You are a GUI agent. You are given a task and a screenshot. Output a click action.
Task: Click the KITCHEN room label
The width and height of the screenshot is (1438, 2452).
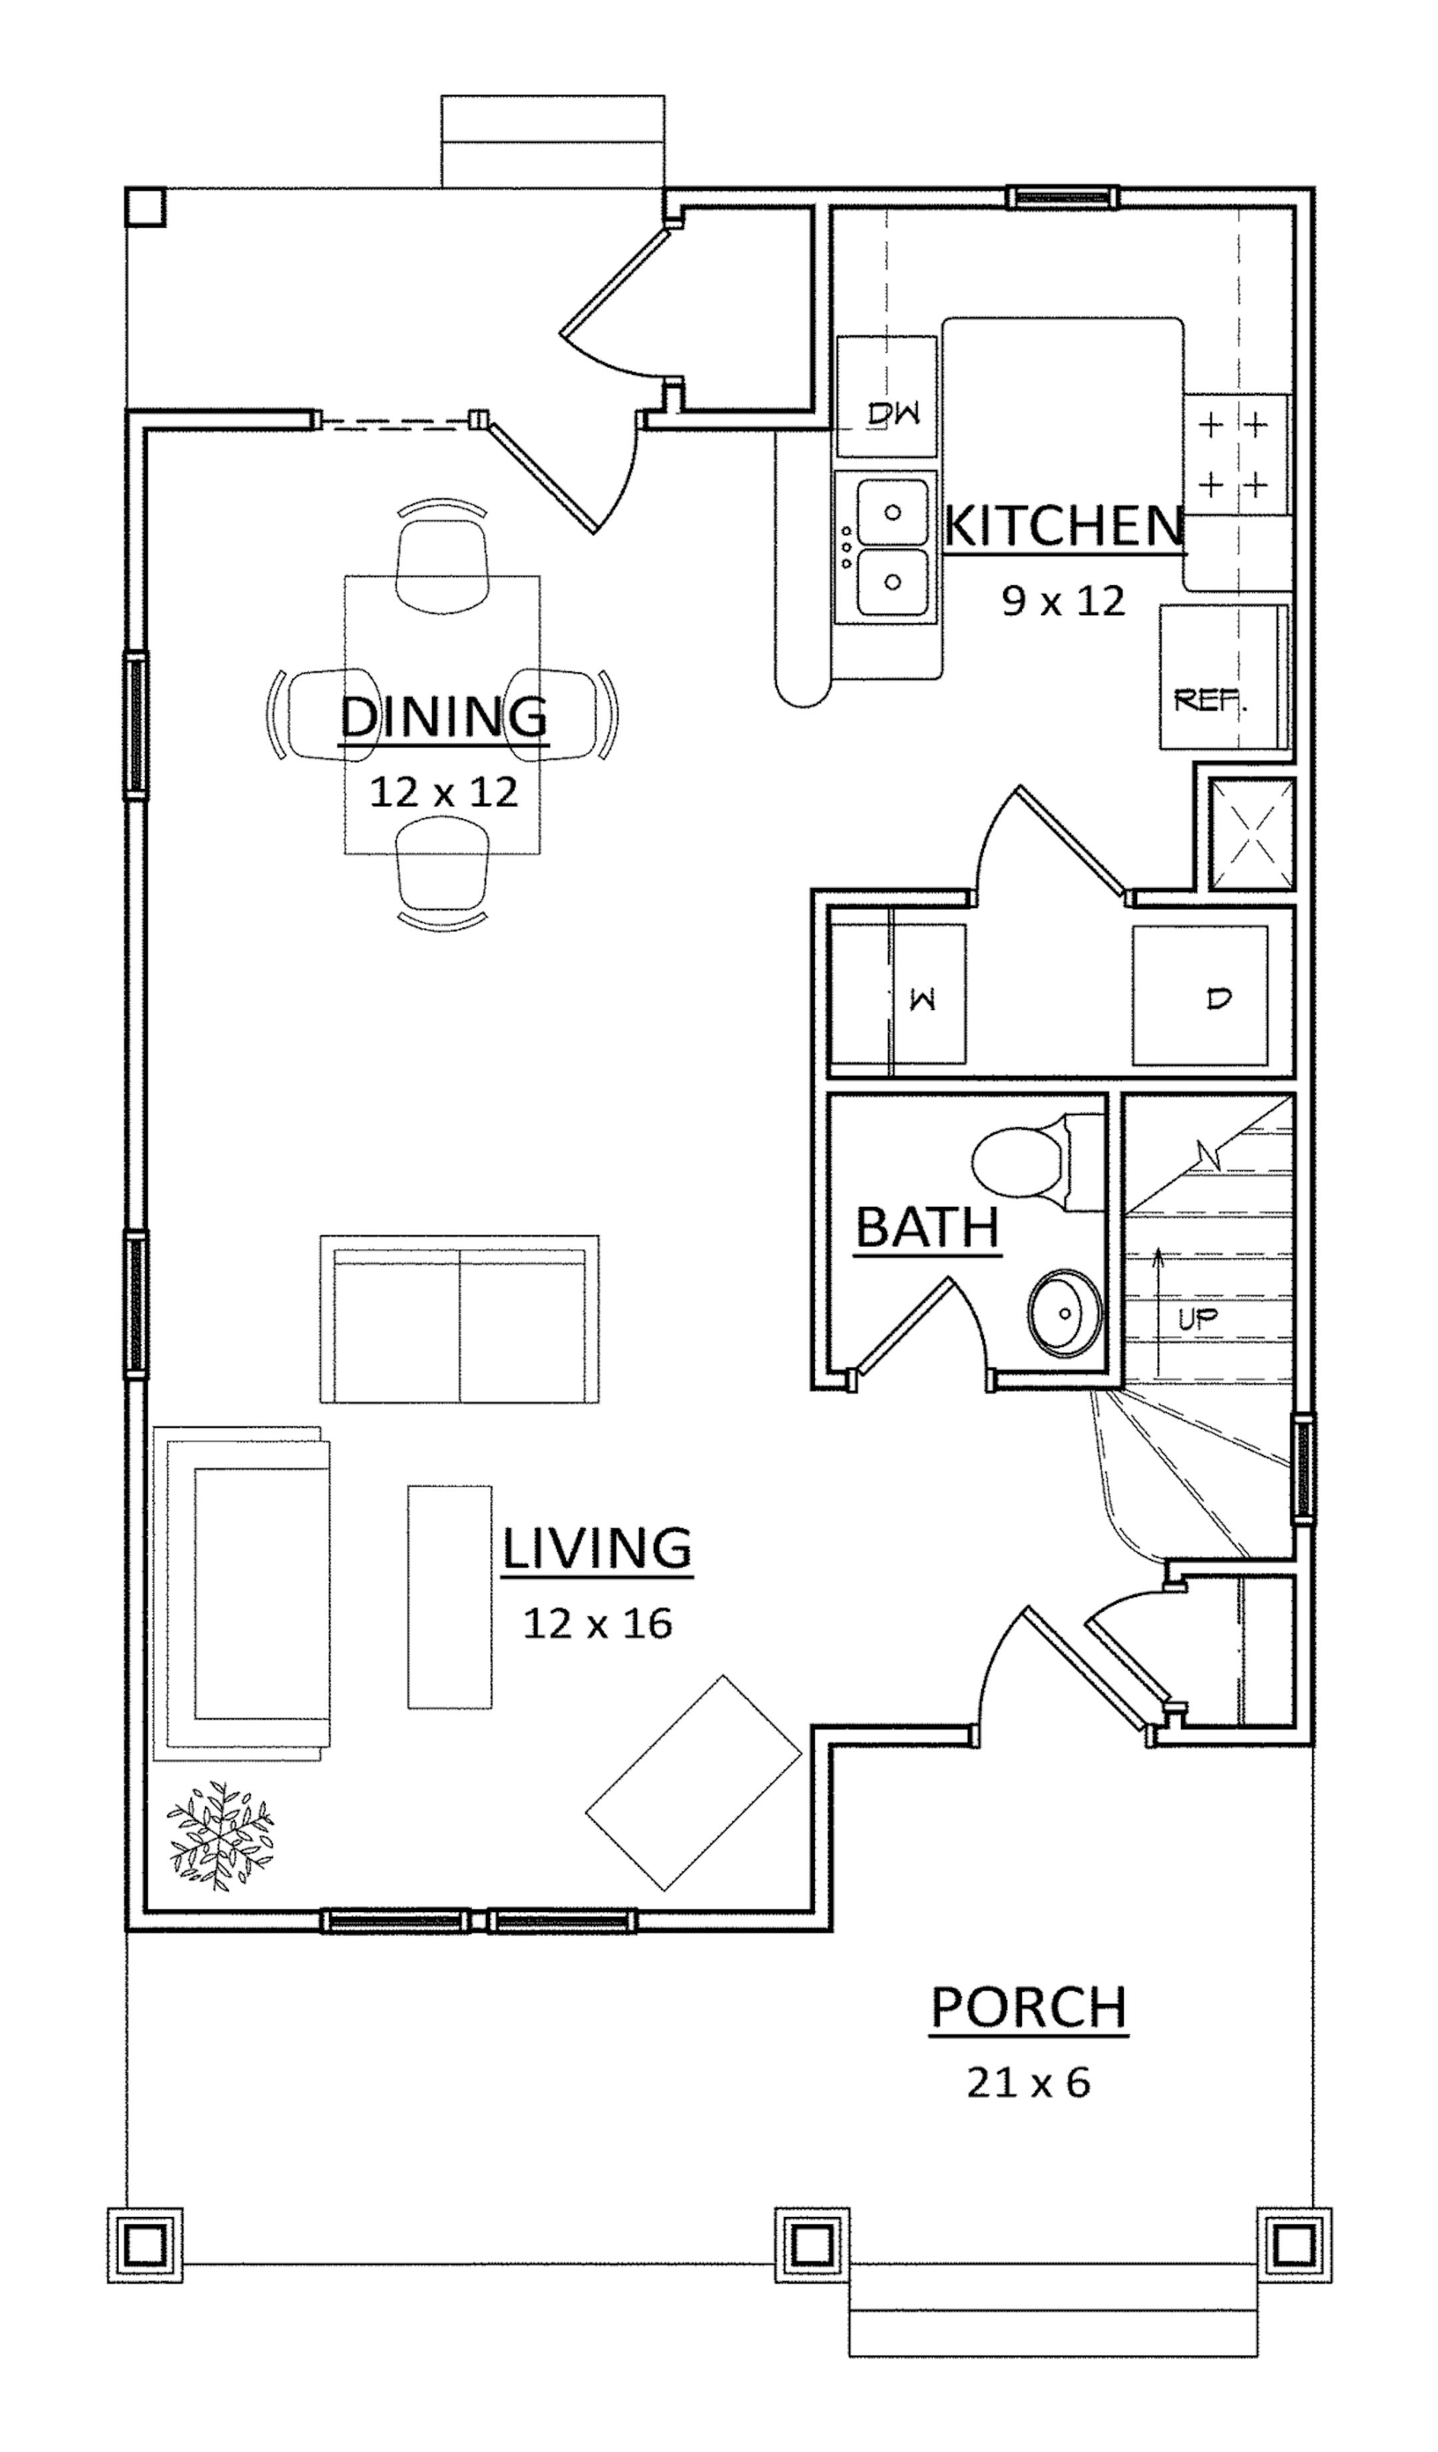tap(1065, 527)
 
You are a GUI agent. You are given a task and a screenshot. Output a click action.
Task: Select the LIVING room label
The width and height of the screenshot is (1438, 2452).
tap(597, 1547)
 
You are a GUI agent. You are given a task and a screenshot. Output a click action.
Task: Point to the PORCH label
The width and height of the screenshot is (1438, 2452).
tap(1029, 2007)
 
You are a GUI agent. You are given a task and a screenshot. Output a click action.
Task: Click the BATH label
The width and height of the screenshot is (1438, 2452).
tap(928, 1227)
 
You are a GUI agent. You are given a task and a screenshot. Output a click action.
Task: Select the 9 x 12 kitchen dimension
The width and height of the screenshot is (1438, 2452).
tap(1063, 601)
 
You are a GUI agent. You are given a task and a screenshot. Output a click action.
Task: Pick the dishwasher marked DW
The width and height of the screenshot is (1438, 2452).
tap(886, 396)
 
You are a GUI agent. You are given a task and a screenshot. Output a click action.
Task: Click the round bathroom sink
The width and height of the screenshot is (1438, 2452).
tap(1065, 1313)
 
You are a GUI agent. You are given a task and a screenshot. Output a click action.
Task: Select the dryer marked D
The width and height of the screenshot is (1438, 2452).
tap(1200, 995)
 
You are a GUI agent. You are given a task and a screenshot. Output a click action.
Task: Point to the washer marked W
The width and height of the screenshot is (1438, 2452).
tap(897, 995)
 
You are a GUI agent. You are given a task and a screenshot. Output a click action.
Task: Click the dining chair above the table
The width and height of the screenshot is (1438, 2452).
tap(443, 559)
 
